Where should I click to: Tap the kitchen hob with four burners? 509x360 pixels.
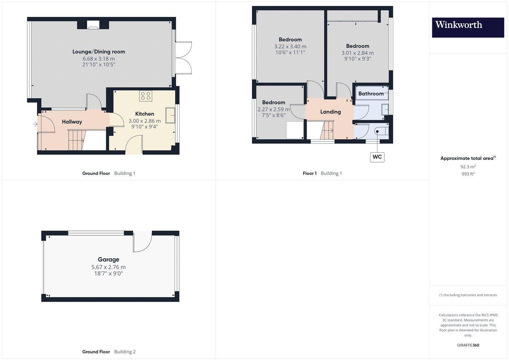[146, 96]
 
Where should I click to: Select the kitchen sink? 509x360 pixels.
[170, 115]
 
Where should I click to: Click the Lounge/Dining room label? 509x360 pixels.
[99, 52]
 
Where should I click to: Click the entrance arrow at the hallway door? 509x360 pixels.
[35, 124]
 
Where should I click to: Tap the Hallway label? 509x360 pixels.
[72, 122]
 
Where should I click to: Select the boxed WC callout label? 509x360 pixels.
[377, 157]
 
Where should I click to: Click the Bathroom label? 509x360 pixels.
[371, 93]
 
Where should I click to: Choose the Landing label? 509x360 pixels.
[330, 112]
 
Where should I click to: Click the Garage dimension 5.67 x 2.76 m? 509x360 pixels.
[108, 267]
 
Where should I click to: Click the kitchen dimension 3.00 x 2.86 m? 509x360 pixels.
[144, 121]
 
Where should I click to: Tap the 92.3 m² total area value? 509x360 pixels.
[468, 167]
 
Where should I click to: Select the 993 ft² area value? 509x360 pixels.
[468, 174]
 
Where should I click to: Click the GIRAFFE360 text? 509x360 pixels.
[468, 345]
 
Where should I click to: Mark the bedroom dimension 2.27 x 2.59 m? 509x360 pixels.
[273, 109]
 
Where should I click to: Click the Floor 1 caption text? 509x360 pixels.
[310, 173]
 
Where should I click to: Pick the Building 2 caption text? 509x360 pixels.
[125, 352]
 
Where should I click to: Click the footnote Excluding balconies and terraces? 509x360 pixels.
[468, 295]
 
